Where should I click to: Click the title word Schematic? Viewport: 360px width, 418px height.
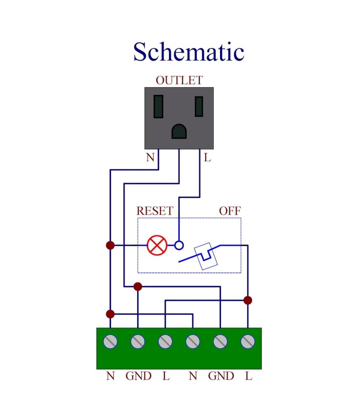point(189,52)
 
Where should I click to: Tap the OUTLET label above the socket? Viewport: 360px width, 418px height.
point(179,80)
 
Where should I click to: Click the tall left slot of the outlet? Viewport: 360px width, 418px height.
point(158,107)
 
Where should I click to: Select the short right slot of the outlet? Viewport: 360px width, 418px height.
point(199,107)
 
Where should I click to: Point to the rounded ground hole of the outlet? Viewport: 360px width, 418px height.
point(179,131)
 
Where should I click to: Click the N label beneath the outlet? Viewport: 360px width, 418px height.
point(150,158)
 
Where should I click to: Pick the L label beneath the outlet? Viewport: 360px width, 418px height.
point(207,158)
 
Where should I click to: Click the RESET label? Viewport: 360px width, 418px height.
point(154,211)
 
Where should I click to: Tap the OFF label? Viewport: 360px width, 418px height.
point(229,211)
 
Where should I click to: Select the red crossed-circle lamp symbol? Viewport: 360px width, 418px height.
point(157,245)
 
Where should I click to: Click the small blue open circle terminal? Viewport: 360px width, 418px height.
point(179,245)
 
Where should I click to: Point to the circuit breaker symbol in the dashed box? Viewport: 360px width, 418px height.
point(208,256)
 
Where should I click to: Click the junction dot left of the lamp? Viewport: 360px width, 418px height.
point(110,245)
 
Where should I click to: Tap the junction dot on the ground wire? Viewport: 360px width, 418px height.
point(138,286)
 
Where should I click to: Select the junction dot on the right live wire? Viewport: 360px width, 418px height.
point(247,300)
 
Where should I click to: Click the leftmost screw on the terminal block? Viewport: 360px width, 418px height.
point(110,342)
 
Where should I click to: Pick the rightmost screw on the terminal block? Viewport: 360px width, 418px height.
point(247,342)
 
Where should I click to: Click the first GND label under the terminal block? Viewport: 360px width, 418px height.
point(138,376)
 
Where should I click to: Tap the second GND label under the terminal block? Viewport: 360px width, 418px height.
point(220,376)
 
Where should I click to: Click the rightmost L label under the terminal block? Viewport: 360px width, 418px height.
point(248,376)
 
